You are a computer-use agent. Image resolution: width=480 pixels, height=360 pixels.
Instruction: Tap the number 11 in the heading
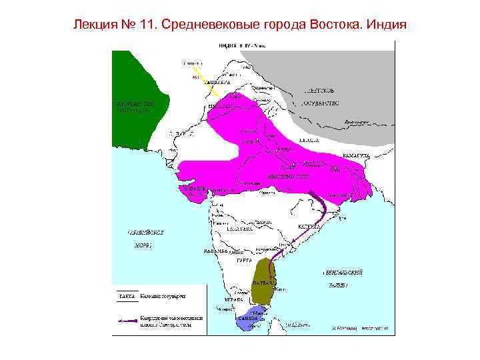click(145, 25)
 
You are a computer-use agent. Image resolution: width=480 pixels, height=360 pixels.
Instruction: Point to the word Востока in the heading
click(338, 25)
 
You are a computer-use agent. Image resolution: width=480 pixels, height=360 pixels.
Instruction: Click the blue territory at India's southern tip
click(251, 319)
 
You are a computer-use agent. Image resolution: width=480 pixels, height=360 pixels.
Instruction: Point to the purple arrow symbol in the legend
click(126, 321)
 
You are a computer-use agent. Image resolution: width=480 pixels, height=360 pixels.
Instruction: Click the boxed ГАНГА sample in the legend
click(126, 295)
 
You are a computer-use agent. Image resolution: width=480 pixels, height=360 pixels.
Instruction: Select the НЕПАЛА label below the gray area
click(308, 141)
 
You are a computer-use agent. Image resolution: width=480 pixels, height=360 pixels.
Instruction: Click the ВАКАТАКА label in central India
click(238, 228)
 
